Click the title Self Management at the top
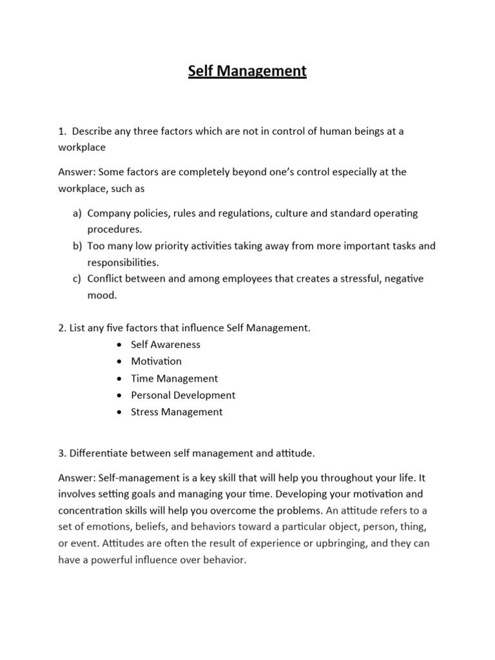pos(247,71)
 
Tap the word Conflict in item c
pos(106,279)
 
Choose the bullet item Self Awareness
pos(166,345)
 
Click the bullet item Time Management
pos(174,378)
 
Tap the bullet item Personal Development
pos(183,395)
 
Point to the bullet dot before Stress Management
pos(121,412)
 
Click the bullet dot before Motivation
pos(121,362)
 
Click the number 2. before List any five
pos(62,328)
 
